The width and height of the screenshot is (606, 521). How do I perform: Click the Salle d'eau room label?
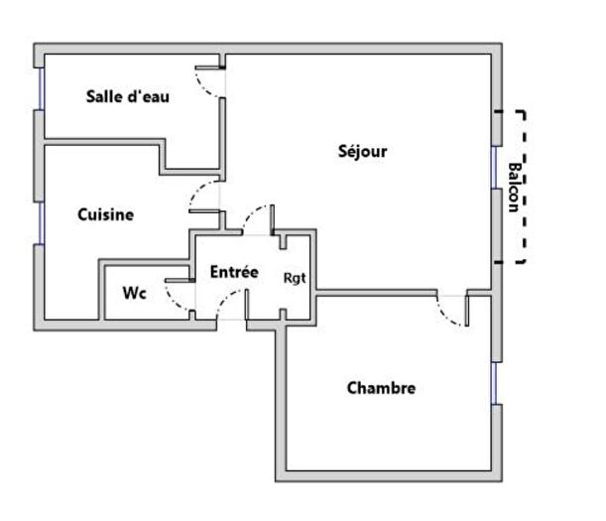coord(128,96)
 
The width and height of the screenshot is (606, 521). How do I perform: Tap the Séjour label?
coord(362,152)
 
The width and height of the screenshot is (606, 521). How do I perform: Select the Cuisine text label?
coord(105,213)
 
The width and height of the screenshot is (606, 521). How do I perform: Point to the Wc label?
coord(135,294)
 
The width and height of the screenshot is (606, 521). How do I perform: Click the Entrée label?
coord(234,271)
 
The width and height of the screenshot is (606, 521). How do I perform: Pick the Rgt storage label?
coord(295,278)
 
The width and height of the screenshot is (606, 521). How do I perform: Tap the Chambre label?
coord(381,388)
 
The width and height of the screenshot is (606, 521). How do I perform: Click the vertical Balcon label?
coord(512,187)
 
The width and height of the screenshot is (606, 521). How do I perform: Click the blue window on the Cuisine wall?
coord(41,222)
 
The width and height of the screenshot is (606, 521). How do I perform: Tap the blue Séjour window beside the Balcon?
coord(494,167)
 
